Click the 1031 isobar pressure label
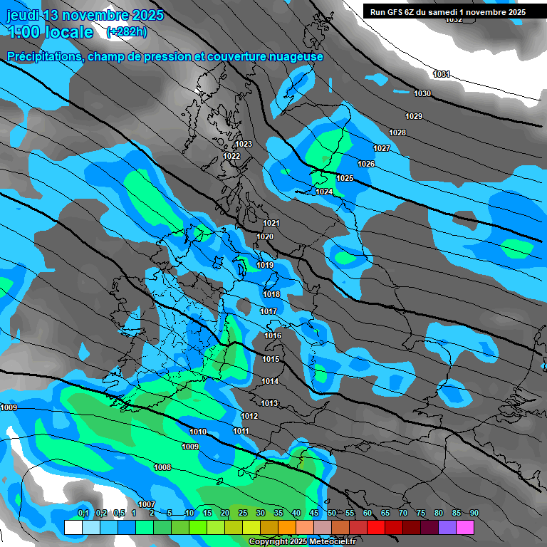click(442, 74)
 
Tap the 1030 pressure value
click(422, 93)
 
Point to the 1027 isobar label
click(382, 148)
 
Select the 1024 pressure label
click(323, 192)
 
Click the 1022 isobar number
click(231, 156)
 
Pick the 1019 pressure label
click(265, 265)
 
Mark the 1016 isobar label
click(273, 335)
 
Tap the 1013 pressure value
click(269, 403)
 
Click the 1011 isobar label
click(241, 431)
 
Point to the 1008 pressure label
click(162, 467)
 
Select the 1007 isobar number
click(147, 504)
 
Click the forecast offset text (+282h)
click(127, 32)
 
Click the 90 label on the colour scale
click(474, 513)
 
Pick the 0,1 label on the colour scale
click(83, 513)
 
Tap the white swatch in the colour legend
click(73, 528)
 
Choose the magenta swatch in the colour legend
click(465, 528)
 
